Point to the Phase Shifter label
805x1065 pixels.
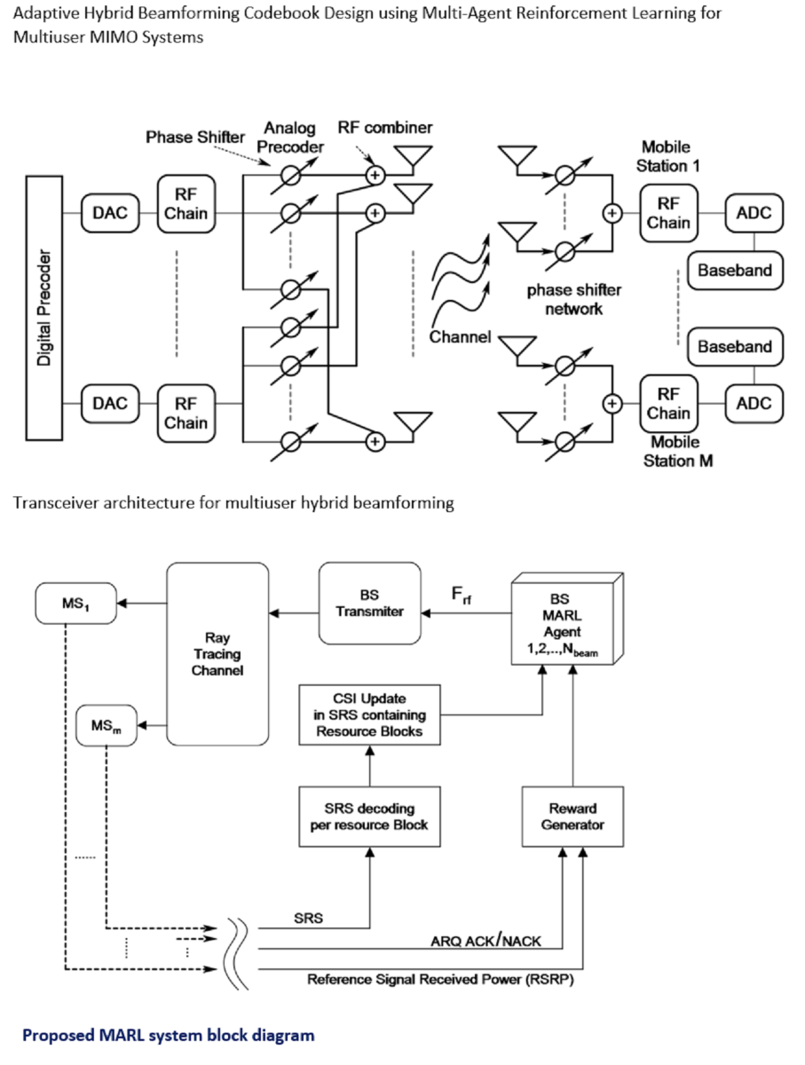(194, 138)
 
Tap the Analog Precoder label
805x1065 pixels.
(288, 138)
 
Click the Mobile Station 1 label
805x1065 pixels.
(665, 156)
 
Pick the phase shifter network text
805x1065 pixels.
(574, 299)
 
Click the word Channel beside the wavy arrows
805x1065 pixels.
(460, 337)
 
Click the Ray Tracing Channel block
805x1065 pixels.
(217, 654)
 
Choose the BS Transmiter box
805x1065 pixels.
(369, 603)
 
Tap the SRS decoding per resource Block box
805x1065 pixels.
(369, 816)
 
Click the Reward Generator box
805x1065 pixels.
(572, 816)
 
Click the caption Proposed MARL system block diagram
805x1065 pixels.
(168, 1035)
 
